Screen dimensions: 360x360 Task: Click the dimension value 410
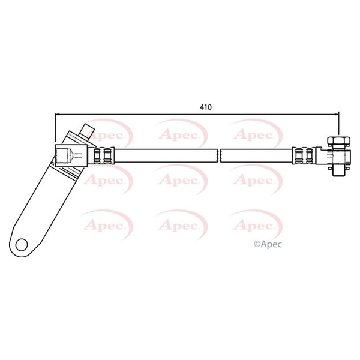[206, 107]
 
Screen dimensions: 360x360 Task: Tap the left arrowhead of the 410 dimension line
[58, 114]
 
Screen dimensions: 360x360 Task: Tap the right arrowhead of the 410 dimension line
[337, 114]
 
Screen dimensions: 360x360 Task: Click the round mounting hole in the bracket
[22, 244]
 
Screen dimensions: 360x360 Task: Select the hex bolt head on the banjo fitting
[338, 141]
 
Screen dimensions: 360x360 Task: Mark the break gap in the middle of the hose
[218, 155]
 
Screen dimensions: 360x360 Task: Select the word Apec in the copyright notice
[271, 245]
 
